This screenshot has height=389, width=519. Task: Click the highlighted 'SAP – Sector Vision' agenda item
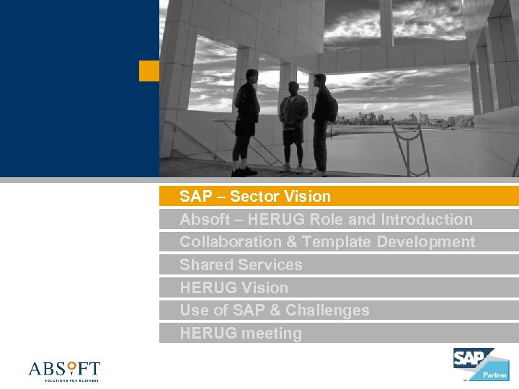coord(254,196)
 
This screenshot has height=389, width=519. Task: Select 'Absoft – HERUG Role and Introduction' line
coord(326,219)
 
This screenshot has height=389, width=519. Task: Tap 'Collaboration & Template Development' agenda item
coord(327,242)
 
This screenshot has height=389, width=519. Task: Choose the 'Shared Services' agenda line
coord(241,264)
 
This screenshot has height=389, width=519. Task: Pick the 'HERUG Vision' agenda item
coord(234,287)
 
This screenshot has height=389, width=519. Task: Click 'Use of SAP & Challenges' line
coord(274,310)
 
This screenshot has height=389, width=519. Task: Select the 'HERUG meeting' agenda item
coord(241,334)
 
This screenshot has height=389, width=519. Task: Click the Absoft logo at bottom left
coord(64,370)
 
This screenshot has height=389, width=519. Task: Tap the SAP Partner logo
coord(480,364)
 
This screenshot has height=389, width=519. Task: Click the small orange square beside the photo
coord(149,71)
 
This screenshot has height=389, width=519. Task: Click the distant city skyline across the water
coord(389,119)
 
